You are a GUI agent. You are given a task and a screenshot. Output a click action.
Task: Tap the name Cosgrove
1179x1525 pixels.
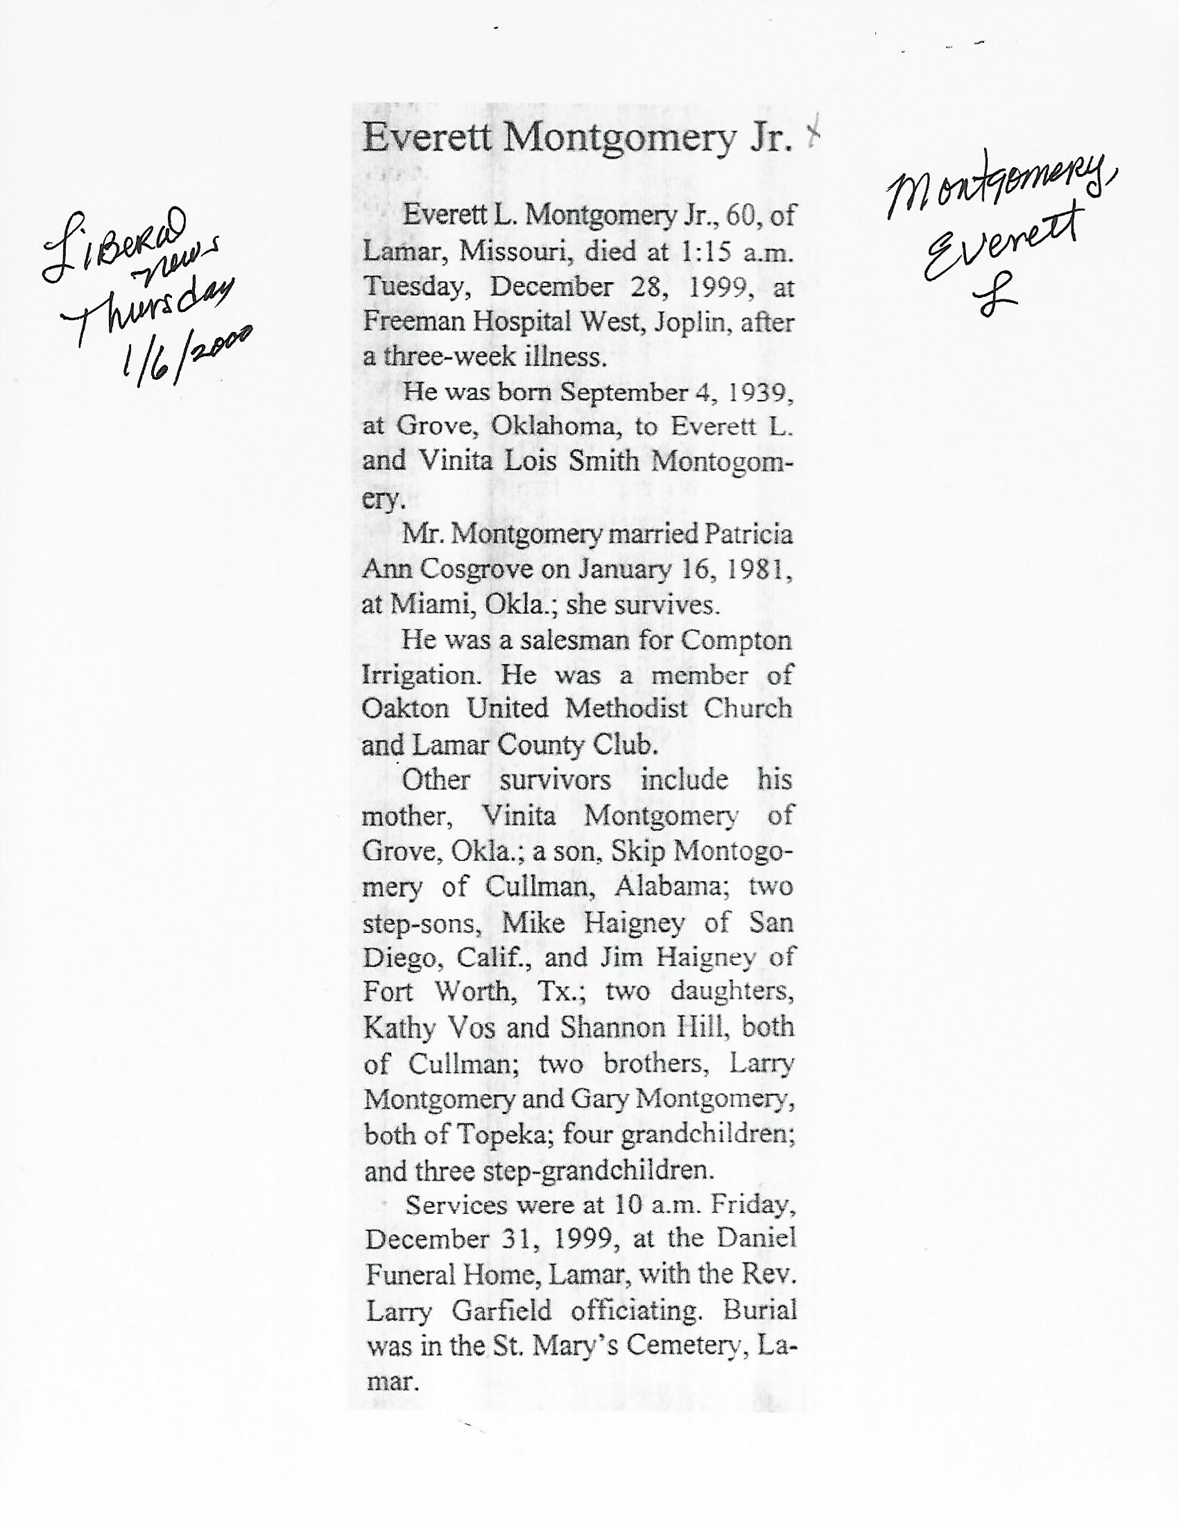pos(476,570)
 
